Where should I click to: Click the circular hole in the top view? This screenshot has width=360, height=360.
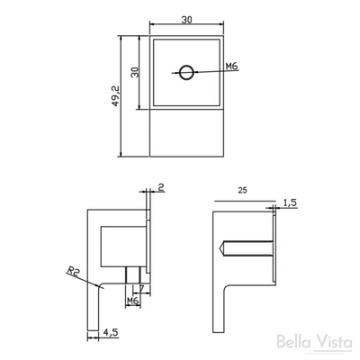(185, 73)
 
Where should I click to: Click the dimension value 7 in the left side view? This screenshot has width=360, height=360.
(141, 289)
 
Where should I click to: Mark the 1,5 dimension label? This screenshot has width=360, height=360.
(289, 204)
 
